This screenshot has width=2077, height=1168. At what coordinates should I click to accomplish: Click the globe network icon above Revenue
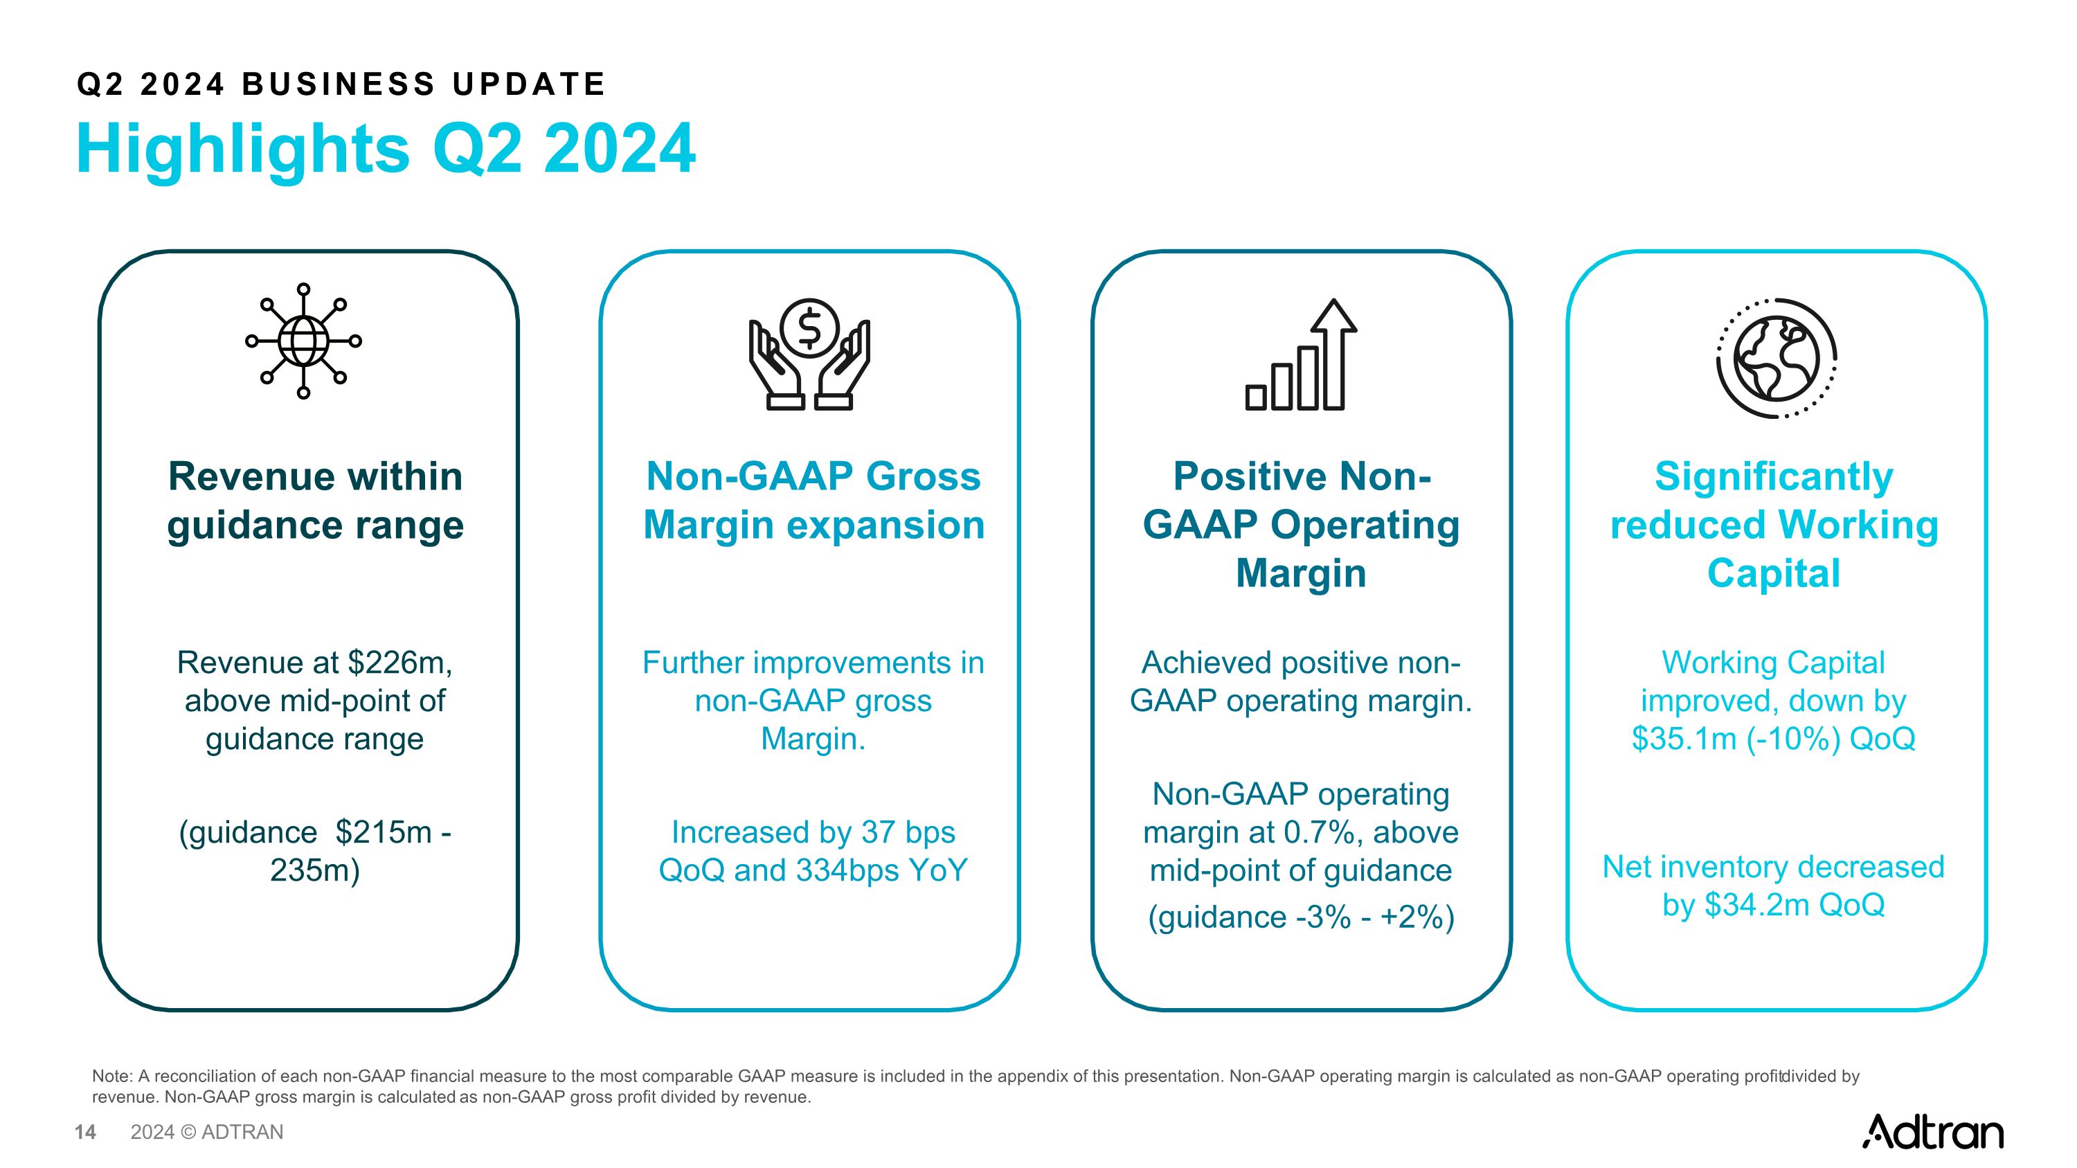click(303, 341)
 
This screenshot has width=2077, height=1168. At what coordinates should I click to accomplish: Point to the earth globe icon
click(1777, 357)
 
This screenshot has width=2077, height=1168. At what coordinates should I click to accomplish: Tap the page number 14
click(84, 1132)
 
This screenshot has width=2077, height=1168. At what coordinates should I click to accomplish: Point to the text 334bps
click(848, 870)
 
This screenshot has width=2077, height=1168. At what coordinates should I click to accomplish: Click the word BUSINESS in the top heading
click(339, 84)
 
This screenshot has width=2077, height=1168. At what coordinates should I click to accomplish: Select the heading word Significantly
click(1774, 477)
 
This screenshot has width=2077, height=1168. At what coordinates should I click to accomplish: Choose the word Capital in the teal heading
click(1774, 573)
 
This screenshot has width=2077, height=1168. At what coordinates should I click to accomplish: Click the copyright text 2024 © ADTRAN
click(207, 1132)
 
